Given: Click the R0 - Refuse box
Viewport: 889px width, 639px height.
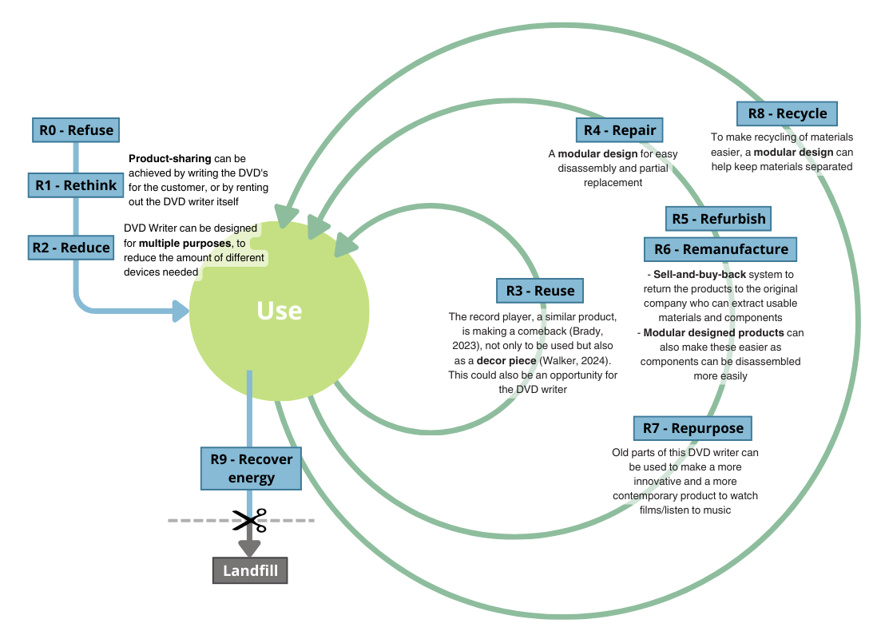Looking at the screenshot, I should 77,130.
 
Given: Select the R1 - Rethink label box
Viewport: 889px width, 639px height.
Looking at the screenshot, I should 76,185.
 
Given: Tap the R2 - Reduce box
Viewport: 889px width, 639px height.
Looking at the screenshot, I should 71,248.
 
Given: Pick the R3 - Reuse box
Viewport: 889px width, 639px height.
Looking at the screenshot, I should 540,291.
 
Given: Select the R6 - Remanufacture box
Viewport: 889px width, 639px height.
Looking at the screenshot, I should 720,249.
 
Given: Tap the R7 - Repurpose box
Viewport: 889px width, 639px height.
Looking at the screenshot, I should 693,428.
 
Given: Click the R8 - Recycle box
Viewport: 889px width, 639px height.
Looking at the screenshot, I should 787,113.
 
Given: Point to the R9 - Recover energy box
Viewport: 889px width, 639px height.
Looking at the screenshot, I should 251,468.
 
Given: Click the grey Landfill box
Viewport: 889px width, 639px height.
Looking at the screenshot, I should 250,571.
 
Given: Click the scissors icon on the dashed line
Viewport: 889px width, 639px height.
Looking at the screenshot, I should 250,521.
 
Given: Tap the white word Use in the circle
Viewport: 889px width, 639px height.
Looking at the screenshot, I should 279,311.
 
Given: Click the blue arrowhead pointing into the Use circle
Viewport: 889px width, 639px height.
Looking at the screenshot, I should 182,311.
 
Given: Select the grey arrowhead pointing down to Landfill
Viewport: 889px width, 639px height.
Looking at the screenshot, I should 250,548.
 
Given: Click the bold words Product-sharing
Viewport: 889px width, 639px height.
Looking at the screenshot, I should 170,158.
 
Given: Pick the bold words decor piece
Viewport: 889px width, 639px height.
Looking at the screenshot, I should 506,360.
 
